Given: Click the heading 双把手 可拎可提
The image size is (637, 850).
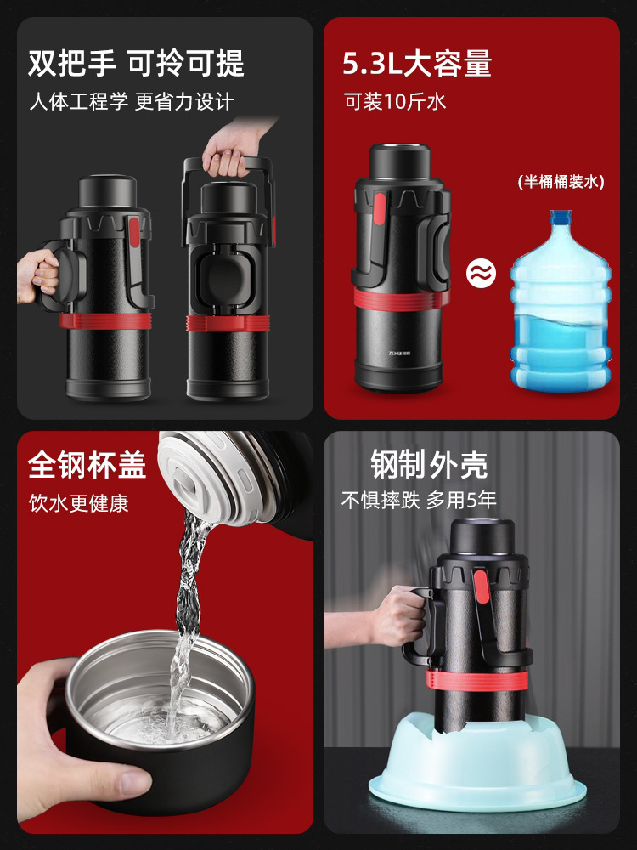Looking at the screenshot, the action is click(x=136, y=63).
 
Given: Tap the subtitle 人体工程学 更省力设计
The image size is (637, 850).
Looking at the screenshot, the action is click(x=132, y=101).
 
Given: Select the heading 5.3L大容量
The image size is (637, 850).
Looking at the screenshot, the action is click(x=417, y=63).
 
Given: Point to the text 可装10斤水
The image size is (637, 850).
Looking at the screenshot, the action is click(x=395, y=101).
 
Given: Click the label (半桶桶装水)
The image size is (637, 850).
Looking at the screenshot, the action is click(x=561, y=182).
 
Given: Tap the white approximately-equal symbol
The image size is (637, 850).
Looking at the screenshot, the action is click(x=481, y=273).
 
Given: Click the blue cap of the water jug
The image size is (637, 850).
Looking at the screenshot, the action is click(x=561, y=217).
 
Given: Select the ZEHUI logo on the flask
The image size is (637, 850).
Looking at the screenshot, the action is click(x=399, y=353).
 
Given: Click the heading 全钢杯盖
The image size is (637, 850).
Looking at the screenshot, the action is click(x=87, y=465).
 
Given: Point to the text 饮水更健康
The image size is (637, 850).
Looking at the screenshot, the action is click(x=79, y=503).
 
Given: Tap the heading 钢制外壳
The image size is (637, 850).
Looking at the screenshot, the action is click(x=429, y=465).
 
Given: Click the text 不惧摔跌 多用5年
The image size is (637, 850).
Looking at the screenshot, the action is click(x=419, y=500).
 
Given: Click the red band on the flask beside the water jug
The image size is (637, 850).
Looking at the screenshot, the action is click(x=402, y=299).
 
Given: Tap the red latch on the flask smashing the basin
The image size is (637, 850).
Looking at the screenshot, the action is click(x=481, y=586).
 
